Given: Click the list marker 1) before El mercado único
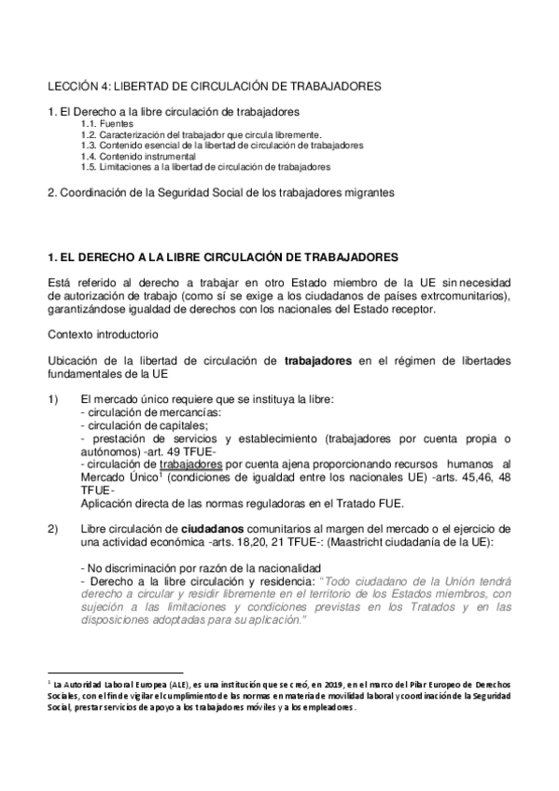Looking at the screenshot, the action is coord(53,399).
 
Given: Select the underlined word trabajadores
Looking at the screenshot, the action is coord(190,465).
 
